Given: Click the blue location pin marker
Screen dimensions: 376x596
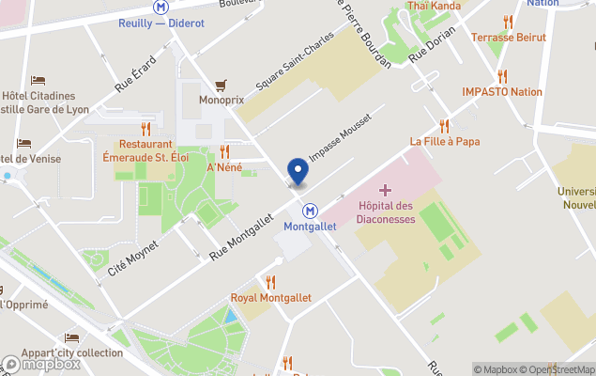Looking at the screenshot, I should click(x=298, y=170).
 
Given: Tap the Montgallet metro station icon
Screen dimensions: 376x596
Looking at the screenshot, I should click(x=310, y=211).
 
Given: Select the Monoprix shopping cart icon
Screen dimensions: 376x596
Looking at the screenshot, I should click(x=222, y=85).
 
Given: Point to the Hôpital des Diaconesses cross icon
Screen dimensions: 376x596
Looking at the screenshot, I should click(x=385, y=190).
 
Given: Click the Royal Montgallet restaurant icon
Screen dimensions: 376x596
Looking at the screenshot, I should click(x=270, y=282).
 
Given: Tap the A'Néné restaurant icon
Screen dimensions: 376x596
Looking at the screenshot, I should click(x=224, y=151).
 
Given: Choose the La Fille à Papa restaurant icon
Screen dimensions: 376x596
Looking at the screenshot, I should click(x=444, y=125).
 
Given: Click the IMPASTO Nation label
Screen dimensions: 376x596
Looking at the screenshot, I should click(x=502, y=92).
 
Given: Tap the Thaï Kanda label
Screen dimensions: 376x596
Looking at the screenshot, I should click(x=434, y=6).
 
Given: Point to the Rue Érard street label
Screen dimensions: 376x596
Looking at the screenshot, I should click(x=136, y=73).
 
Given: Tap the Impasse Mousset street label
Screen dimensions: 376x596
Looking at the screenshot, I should click(x=339, y=139).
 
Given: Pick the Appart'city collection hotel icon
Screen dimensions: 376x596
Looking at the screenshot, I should click(x=72, y=337).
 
